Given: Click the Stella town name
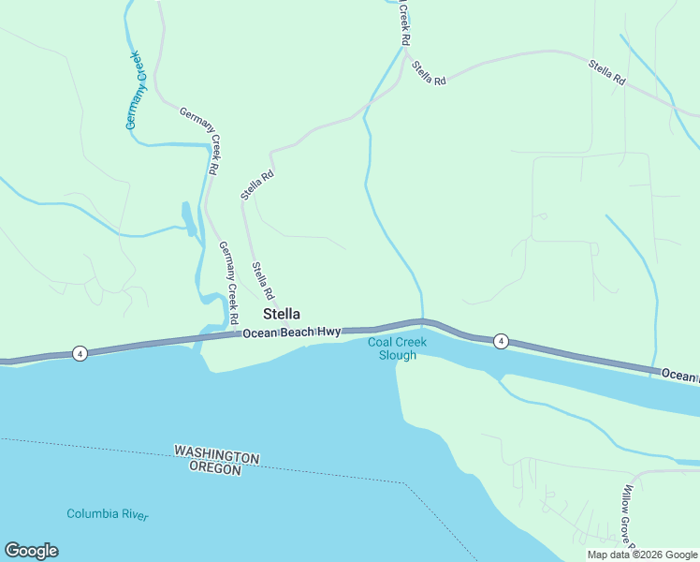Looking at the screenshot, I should pyautogui.click(x=282, y=314).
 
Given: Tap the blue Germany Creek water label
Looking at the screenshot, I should pyautogui.click(x=137, y=90).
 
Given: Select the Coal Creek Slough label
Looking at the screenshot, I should pyautogui.click(x=397, y=348).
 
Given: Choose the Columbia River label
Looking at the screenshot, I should pyautogui.click(x=107, y=514).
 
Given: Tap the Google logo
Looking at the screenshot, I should pyautogui.click(x=31, y=551).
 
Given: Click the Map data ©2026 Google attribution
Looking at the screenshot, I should pyautogui.click(x=642, y=555).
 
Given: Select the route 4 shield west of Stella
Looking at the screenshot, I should pyautogui.click(x=80, y=353).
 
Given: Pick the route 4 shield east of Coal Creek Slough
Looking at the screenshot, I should pyautogui.click(x=501, y=341).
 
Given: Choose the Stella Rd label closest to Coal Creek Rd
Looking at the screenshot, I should pyautogui.click(x=428, y=75).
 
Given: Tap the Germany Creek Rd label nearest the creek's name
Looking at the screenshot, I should pyautogui.click(x=201, y=141).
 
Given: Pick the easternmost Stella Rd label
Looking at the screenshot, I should pyautogui.click(x=606, y=73).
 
